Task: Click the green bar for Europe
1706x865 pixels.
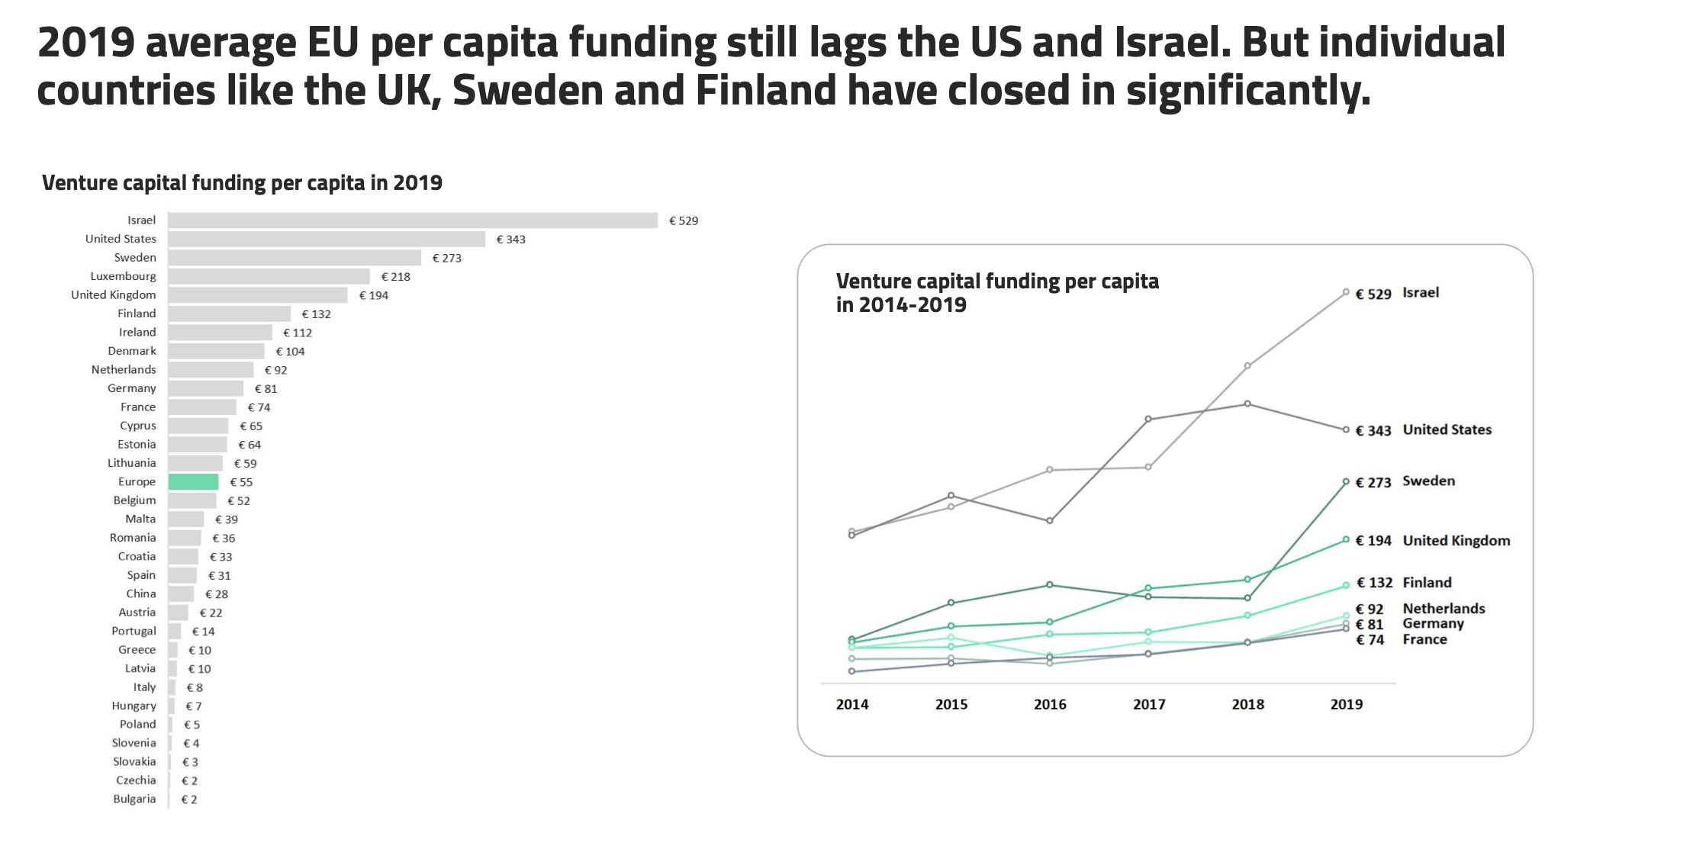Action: [193, 482]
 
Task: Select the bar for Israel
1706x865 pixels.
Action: [412, 220]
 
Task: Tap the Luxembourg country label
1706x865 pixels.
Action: [123, 276]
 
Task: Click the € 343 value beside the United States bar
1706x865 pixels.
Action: [510, 240]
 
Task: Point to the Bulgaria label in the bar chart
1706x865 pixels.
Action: [134, 799]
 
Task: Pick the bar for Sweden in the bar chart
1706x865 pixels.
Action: [295, 258]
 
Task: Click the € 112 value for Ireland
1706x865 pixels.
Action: [298, 333]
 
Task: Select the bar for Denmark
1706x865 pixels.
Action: [216, 351]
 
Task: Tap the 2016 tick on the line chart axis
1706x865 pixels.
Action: [1050, 705]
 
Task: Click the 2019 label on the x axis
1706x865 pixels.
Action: [1346, 705]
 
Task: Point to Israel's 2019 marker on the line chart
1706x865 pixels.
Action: [1346, 292]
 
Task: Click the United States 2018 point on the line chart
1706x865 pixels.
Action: [1247, 404]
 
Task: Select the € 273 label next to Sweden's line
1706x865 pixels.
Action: [1373, 483]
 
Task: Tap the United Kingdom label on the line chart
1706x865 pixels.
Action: [1456, 541]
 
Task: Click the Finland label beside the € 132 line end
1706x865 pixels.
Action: [1427, 583]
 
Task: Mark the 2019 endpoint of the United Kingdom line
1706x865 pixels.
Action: [1346, 540]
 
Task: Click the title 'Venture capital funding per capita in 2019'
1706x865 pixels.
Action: [242, 183]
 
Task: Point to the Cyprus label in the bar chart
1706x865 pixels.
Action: [137, 426]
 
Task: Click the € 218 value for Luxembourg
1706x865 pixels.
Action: [396, 277]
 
